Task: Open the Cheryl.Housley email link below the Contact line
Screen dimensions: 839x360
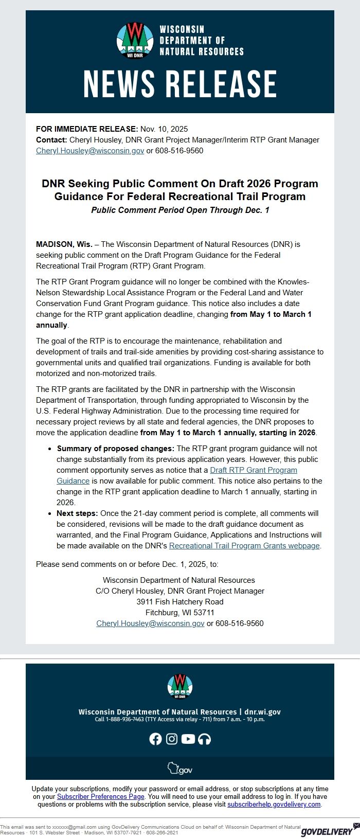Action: [x=90, y=151]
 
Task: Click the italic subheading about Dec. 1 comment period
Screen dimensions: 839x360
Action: [x=180, y=210]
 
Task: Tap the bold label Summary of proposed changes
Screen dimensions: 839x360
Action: [x=116, y=449]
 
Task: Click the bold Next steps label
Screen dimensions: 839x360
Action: [x=77, y=513]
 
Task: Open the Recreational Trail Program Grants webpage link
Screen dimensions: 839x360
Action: [x=244, y=546]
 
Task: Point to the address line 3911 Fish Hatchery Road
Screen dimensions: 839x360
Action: [x=180, y=602]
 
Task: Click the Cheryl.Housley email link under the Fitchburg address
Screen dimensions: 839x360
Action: [x=150, y=623]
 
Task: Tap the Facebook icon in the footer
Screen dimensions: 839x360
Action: [x=155, y=739]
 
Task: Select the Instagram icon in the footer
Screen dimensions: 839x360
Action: [x=172, y=739]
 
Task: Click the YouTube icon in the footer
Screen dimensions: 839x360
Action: [x=188, y=739]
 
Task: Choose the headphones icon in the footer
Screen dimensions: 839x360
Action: [x=205, y=739]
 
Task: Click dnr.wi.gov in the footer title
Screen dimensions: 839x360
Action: [x=262, y=712]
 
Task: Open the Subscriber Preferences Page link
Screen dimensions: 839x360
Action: [x=100, y=796]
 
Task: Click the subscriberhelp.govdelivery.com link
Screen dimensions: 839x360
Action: [x=274, y=804]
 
